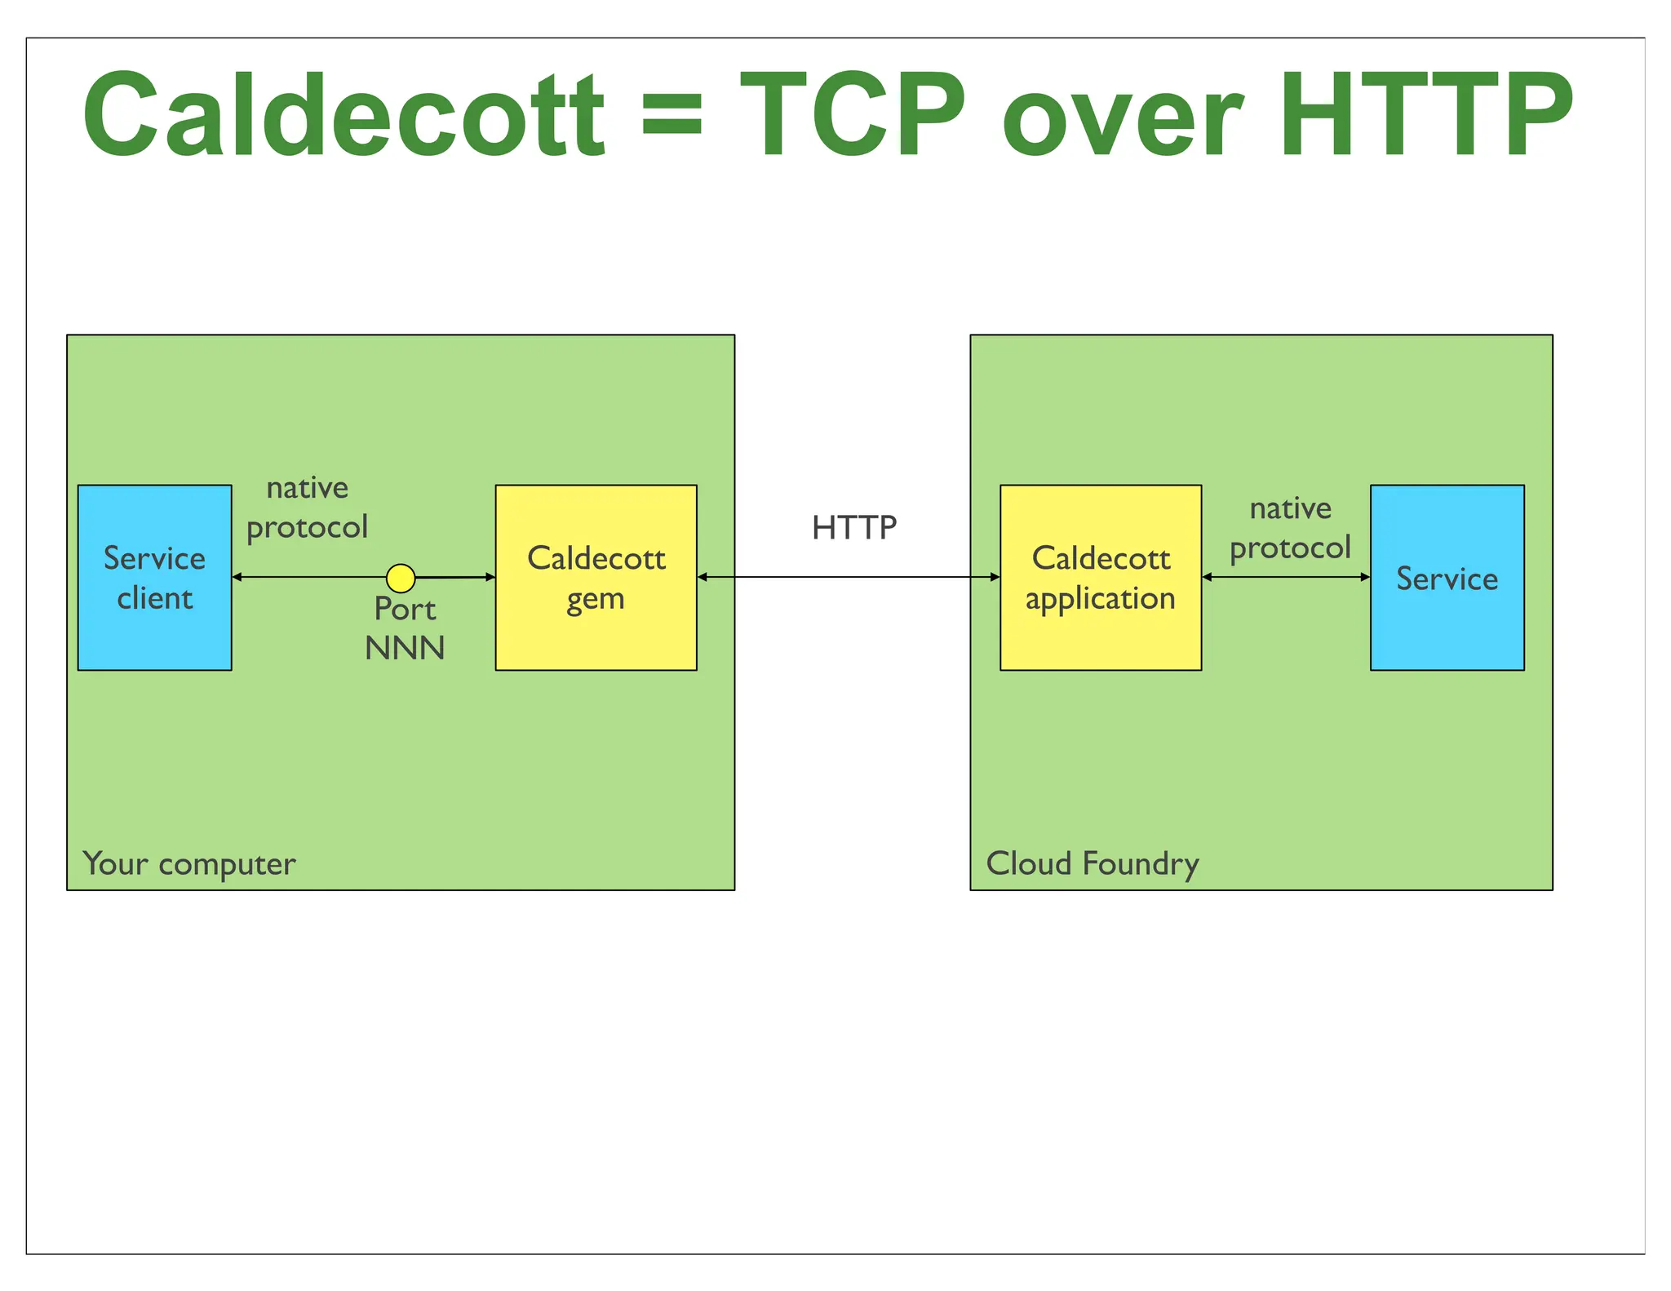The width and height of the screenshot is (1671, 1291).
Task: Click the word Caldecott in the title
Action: point(343,114)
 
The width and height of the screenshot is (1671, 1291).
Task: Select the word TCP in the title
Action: point(853,114)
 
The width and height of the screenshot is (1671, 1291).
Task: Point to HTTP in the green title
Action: point(1425,114)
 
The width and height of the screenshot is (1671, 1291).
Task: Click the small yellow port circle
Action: point(401,578)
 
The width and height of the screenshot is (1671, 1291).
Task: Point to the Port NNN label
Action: point(405,628)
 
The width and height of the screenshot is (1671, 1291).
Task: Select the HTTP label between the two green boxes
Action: point(853,528)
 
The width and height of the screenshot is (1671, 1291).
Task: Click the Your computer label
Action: point(189,863)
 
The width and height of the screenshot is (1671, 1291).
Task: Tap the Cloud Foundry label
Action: point(1092,863)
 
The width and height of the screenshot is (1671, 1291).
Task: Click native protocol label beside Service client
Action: point(308,508)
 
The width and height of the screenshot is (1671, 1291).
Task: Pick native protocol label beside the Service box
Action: point(1290,528)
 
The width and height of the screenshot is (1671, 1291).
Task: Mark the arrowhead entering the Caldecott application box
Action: point(995,577)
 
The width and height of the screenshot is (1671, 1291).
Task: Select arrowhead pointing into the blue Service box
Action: point(1365,577)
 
